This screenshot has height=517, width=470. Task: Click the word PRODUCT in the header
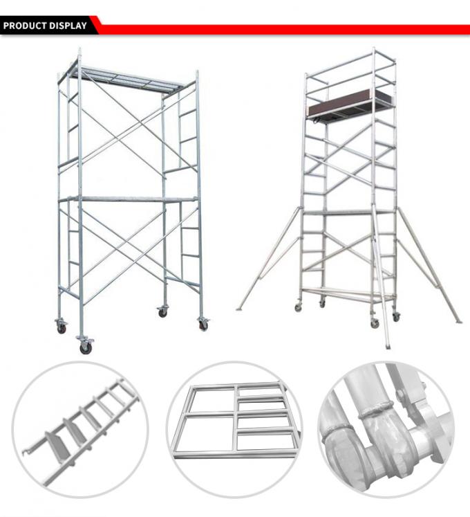pos(26,26)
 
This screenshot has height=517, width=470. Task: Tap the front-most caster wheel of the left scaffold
pos(86,347)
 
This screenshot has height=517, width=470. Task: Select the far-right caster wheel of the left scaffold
pos(203,324)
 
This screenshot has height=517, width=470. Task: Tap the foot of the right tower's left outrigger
pos(238,309)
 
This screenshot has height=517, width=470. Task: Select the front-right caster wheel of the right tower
pos(396,316)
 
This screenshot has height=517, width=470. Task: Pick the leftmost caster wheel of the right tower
pos(299,306)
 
